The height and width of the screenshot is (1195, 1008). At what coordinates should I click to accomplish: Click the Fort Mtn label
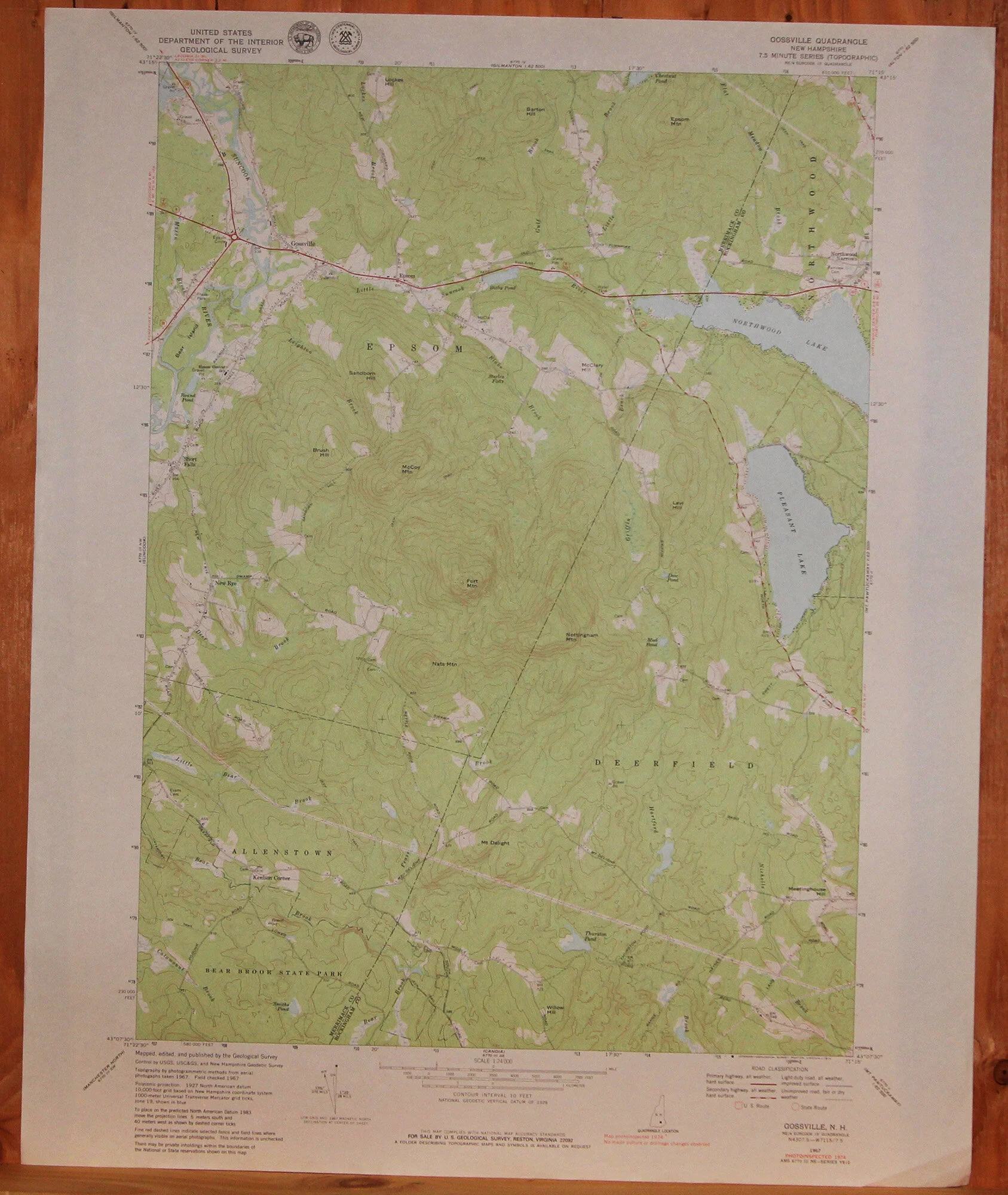pos(471,583)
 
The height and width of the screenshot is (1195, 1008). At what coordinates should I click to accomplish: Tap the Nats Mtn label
pos(444,664)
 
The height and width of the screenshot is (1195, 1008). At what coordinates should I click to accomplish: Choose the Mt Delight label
pos(495,843)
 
